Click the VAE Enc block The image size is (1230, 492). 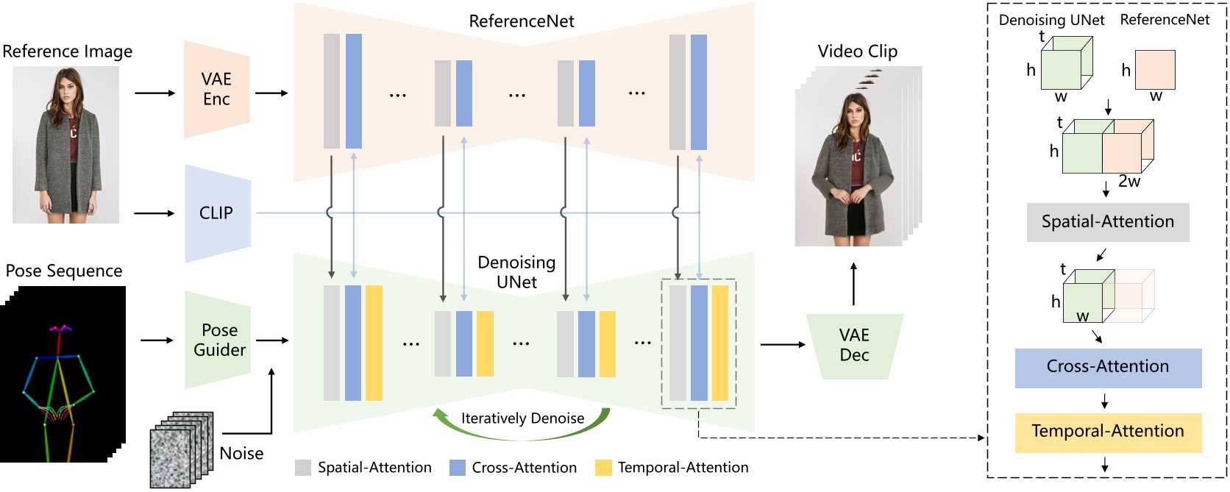coord(216,90)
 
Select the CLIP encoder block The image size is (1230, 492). coord(216,213)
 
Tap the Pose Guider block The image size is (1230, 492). coord(218,340)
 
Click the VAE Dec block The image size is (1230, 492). coord(854,346)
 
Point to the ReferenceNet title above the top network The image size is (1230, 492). coord(522,21)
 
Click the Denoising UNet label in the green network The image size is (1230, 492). coord(516,272)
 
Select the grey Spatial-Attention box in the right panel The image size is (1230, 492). coord(1107,222)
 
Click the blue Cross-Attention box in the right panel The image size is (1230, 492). coord(1107,367)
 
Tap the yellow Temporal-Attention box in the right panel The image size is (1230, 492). coord(1107,432)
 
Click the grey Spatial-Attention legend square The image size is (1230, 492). coord(303,468)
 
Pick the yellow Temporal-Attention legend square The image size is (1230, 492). coord(603,468)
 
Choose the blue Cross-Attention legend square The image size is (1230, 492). coord(458,468)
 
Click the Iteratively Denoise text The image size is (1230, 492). coord(522,418)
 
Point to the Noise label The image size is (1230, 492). coord(241,453)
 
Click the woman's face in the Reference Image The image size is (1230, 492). coord(68,87)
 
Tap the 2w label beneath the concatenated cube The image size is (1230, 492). coord(1129,182)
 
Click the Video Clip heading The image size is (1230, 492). coord(858,51)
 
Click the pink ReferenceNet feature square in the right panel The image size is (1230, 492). coord(1155,70)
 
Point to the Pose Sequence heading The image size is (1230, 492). coord(64,271)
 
